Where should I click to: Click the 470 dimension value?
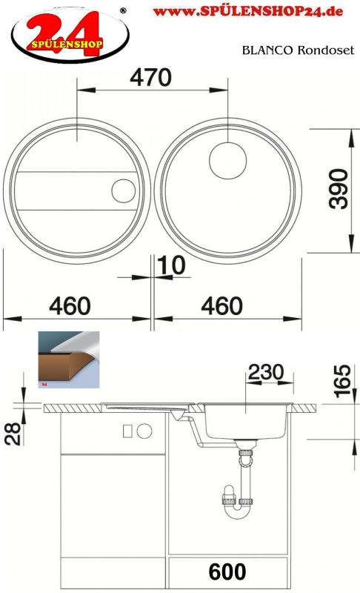[150, 77]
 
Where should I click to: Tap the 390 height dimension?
[339, 189]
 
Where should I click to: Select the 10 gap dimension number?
[171, 265]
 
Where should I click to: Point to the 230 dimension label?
[266, 372]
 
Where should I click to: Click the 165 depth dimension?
[343, 381]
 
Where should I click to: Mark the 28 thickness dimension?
[13, 434]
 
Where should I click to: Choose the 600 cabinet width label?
[227, 572]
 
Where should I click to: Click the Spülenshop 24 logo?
[70, 35]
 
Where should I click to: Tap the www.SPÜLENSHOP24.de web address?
[248, 11]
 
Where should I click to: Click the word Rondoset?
[326, 50]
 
